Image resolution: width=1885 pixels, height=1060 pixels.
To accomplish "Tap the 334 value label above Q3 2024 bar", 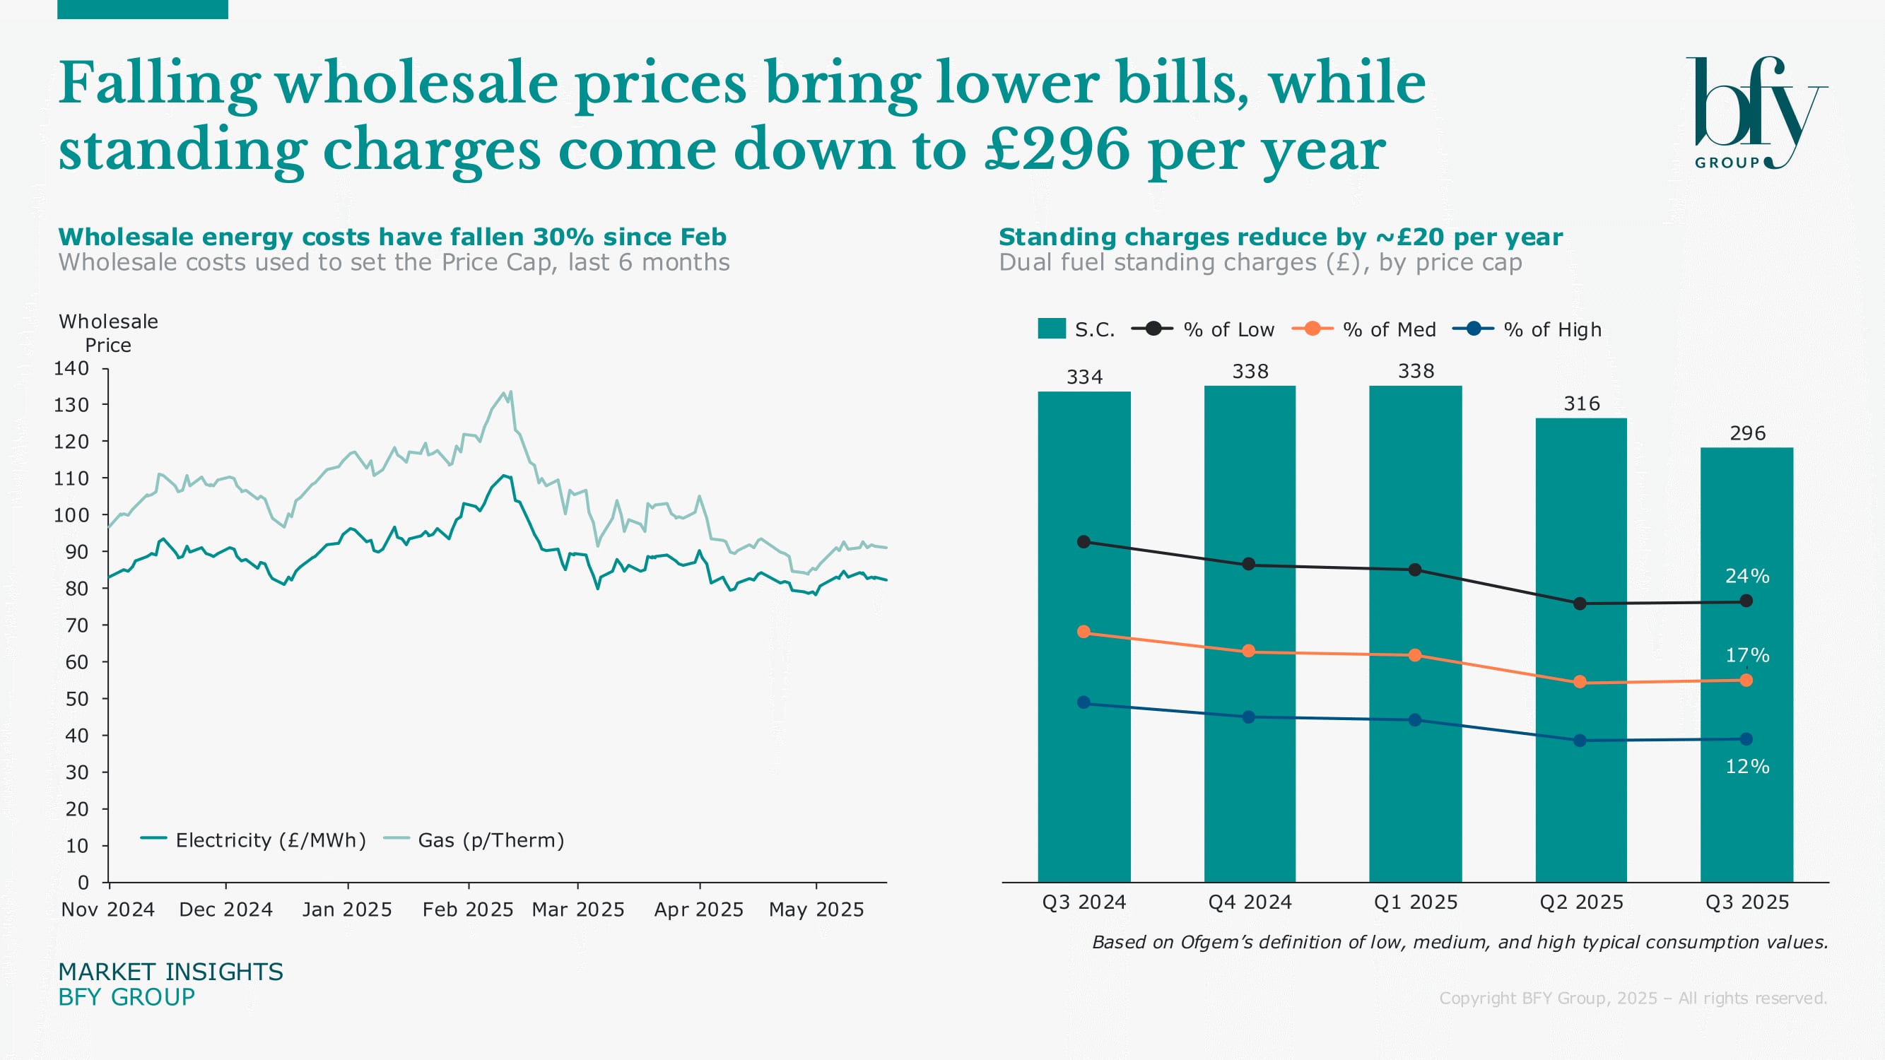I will point(1084,377).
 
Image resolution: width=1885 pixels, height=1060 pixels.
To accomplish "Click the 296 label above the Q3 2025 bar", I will point(1747,434).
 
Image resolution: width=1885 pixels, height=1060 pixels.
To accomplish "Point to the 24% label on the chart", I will point(1747,577).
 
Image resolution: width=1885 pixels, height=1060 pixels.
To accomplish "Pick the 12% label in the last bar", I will point(1747,767).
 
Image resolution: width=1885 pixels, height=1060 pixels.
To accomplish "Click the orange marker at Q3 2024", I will point(1084,632).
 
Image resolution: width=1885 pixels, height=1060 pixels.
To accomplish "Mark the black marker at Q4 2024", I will point(1249,565).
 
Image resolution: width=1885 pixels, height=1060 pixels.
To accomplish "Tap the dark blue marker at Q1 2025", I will point(1415,721).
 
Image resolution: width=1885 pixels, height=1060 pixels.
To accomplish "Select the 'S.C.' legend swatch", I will point(1052,329).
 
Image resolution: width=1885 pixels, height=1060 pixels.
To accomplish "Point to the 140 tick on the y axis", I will point(71,369).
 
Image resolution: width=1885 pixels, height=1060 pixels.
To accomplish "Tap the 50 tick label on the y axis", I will point(77,700).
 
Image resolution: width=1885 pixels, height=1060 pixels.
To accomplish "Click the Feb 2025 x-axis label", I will point(468,909).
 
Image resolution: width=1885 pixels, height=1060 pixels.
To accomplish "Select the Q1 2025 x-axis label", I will point(1415,902).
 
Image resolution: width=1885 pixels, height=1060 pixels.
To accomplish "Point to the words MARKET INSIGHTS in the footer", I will point(170,972).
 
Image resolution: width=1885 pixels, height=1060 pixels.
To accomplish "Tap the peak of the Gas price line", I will point(510,391).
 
